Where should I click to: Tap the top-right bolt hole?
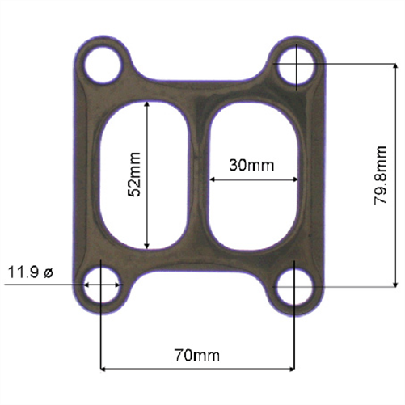[296, 65]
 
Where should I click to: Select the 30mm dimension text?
[251, 166]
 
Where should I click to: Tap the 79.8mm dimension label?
[382, 175]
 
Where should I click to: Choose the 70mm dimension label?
[198, 355]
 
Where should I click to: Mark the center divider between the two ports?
[199, 174]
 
